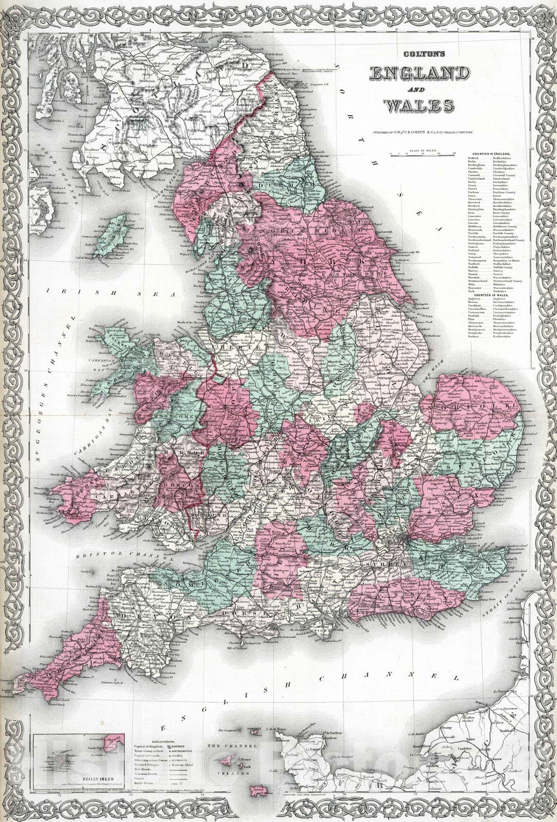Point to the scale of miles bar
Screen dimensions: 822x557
pos(422,153)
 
